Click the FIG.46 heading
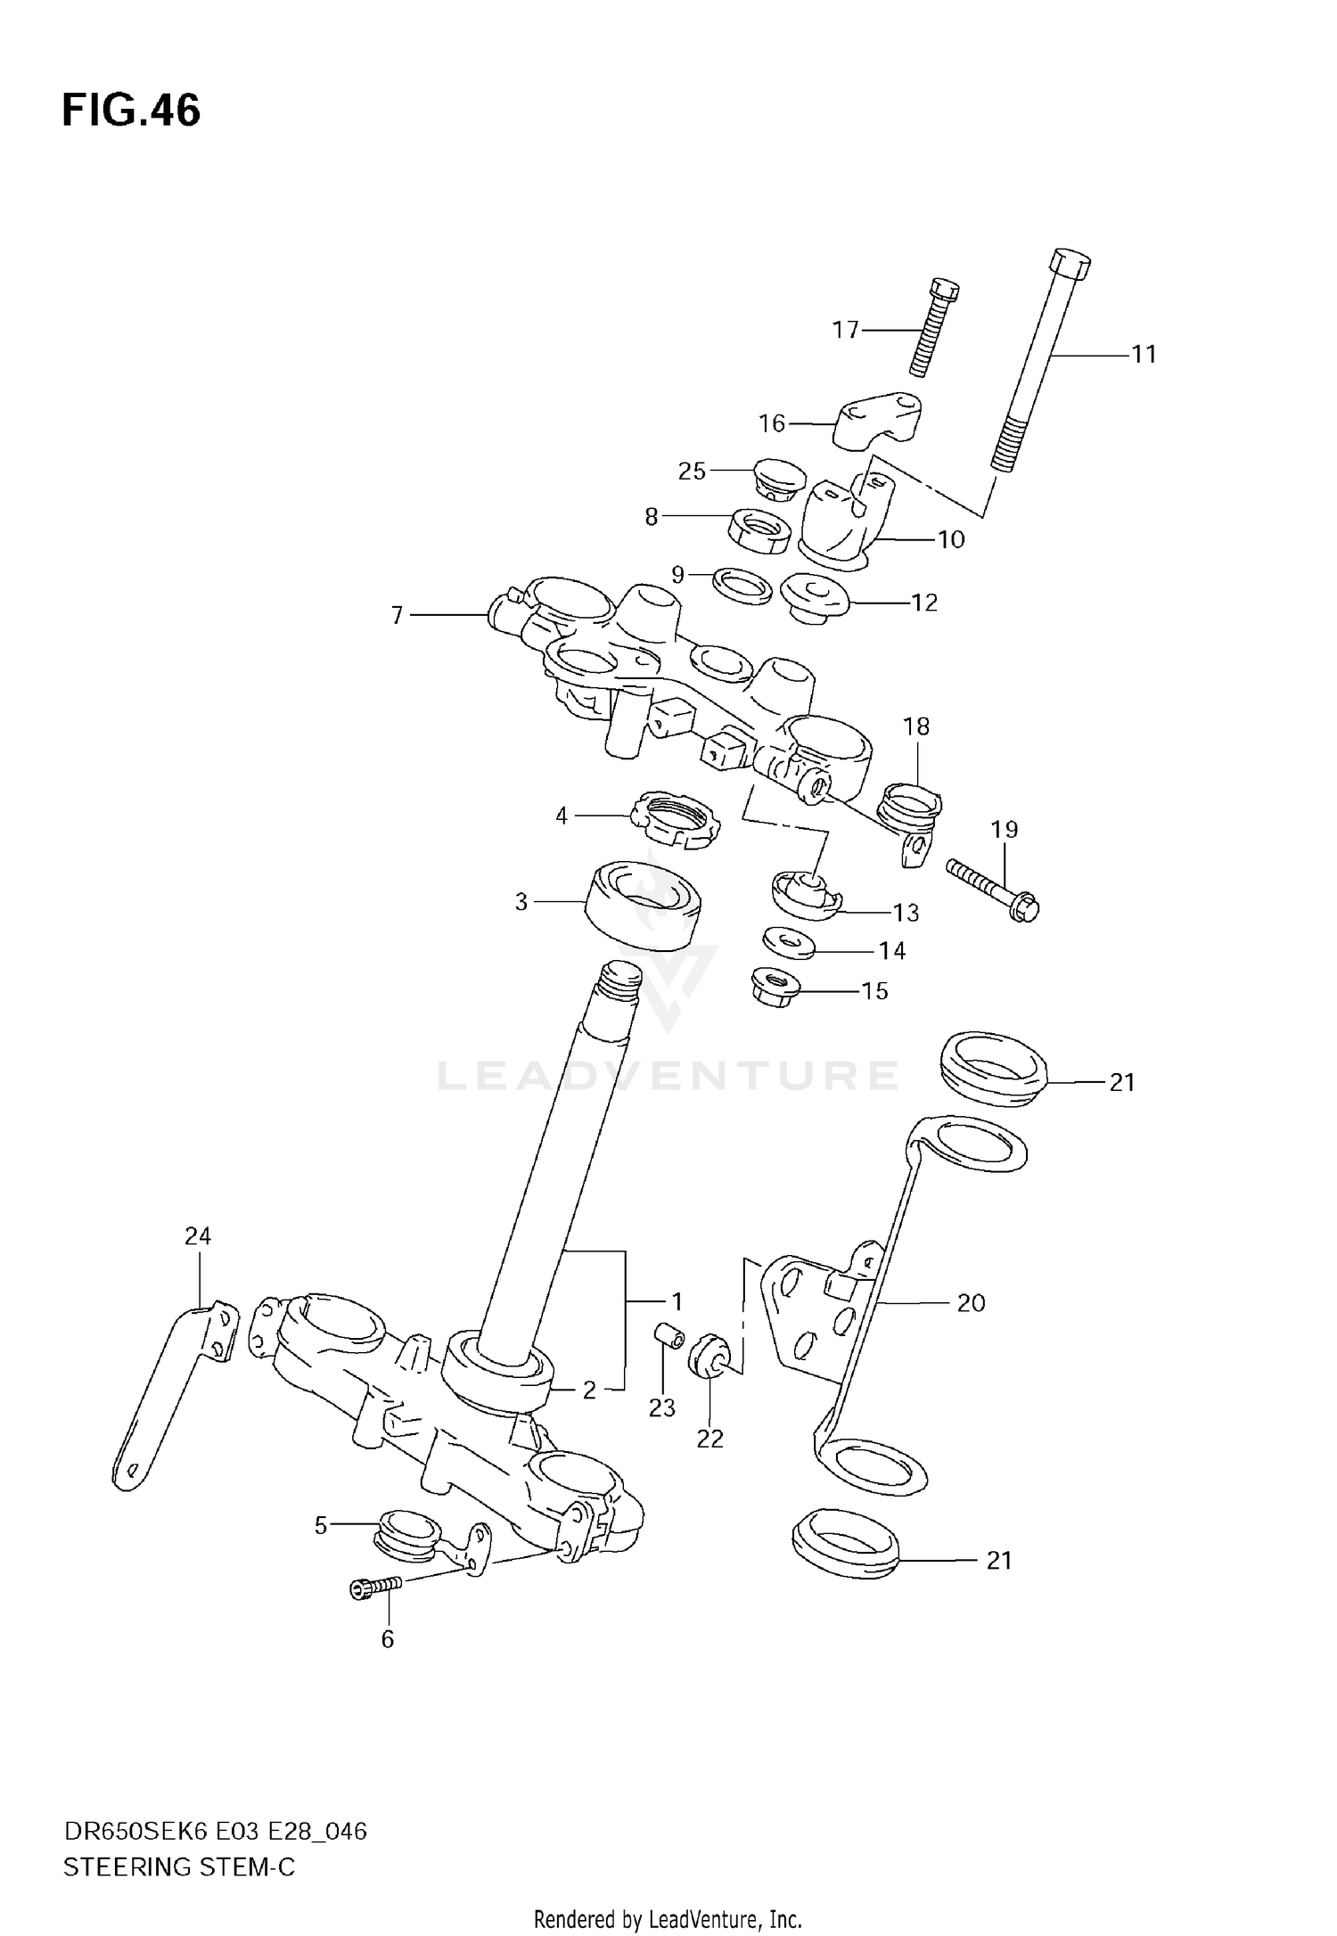131,111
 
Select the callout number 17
845,331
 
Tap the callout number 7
397,615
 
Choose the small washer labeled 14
789,944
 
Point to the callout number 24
198,1236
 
